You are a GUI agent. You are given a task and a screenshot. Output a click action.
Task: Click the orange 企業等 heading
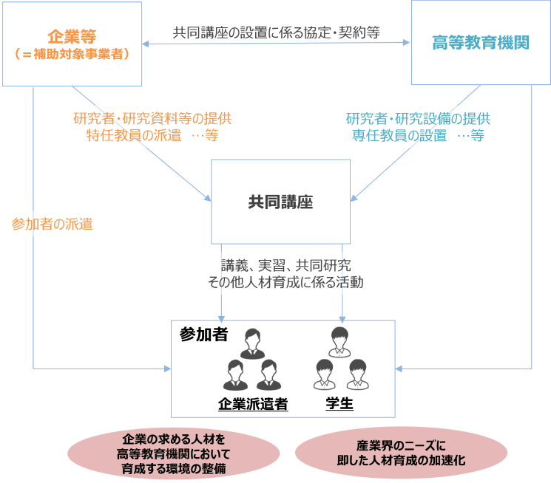72,36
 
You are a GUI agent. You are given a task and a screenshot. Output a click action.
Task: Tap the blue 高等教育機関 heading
480,43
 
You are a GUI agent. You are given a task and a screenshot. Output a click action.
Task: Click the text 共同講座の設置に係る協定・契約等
276,32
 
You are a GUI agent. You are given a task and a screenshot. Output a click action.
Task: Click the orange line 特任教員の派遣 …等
152,136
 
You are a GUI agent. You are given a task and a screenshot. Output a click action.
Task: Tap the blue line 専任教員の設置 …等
417,136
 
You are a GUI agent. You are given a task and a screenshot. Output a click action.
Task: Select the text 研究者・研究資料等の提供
152,118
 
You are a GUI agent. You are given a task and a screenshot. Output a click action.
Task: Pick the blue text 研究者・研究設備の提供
417,118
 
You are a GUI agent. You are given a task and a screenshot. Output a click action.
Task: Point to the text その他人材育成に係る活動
285,283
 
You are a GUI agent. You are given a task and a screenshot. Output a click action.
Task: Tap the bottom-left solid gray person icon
235,374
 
